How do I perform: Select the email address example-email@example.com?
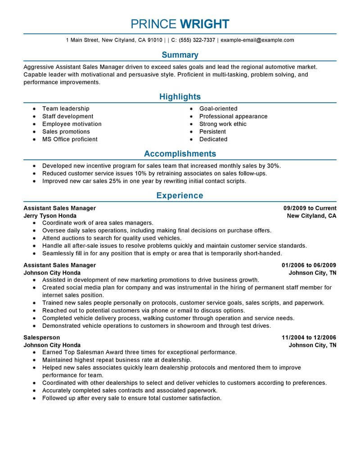pos(257,40)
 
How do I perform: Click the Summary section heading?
pos(180,55)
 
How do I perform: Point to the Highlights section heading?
pos(180,97)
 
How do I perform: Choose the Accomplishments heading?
pos(180,154)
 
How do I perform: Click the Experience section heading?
pos(180,195)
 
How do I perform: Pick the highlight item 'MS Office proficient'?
pos(70,139)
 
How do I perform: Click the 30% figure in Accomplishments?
pos(274,166)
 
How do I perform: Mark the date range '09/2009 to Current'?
pos(310,208)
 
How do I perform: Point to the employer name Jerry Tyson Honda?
pos(49,216)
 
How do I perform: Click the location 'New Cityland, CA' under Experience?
pos(311,216)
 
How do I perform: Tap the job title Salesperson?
pos(41,337)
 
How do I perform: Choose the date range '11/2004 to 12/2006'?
pos(309,337)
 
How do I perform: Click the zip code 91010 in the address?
pos(154,40)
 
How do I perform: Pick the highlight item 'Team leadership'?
pos(66,109)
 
